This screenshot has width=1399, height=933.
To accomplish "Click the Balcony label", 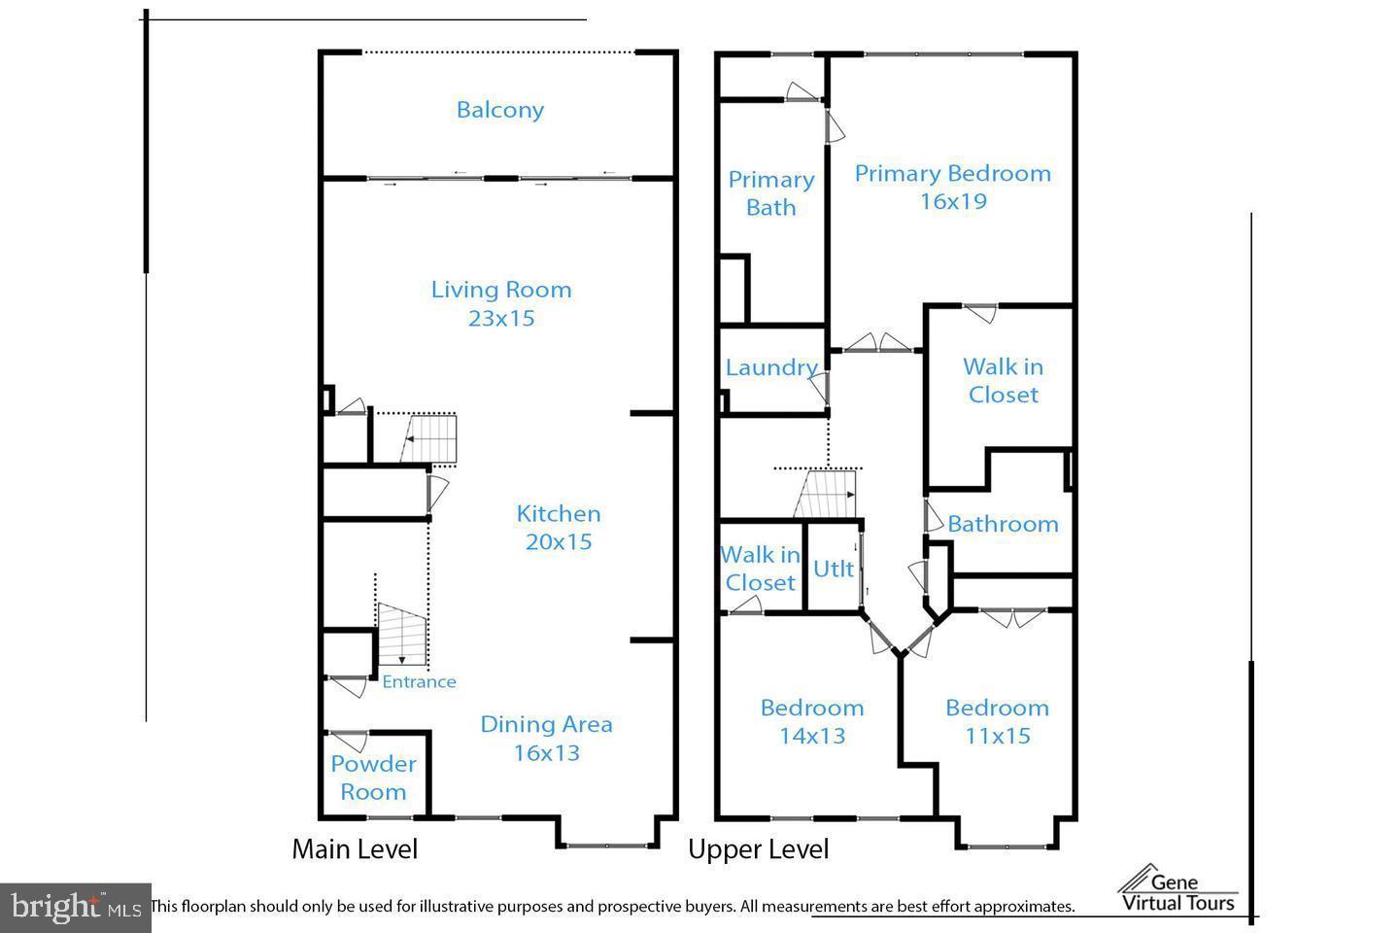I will click(499, 110).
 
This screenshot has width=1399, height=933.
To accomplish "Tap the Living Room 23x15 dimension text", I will click(501, 318).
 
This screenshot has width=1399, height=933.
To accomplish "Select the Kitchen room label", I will click(558, 514).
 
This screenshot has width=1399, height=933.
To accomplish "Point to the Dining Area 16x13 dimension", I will click(546, 752).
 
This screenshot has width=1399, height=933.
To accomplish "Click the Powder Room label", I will click(373, 777).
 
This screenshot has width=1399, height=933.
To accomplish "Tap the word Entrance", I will click(419, 681).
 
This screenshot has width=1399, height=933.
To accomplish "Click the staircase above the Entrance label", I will click(401, 633).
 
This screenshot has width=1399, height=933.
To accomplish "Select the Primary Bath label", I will click(771, 193).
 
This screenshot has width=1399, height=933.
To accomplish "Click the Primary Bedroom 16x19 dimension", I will click(952, 201).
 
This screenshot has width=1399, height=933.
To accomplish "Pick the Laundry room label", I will click(771, 367).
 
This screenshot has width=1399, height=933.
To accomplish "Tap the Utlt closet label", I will click(833, 569).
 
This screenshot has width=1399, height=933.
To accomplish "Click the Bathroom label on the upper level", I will click(1003, 524).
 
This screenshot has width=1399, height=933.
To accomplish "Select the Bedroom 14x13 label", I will click(812, 721).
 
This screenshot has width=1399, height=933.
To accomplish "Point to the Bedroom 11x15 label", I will click(997, 721).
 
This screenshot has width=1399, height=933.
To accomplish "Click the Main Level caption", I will click(355, 849).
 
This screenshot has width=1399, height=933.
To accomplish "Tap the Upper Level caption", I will click(758, 849).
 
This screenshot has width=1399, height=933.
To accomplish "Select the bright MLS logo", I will click(74, 908).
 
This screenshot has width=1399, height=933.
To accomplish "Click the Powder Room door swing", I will click(348, 741).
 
